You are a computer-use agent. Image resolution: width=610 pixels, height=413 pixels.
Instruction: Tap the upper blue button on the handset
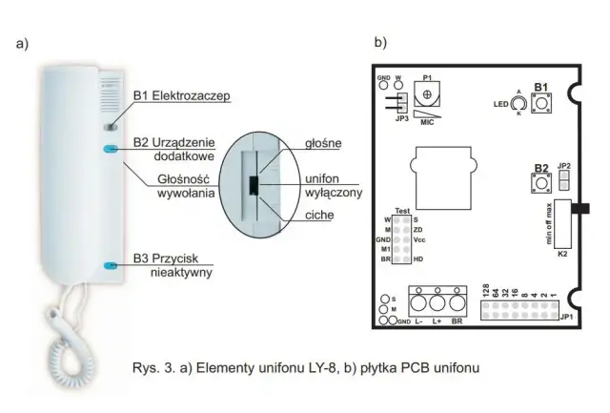tap(111, 150)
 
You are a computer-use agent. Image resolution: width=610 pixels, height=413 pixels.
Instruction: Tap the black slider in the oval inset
tap(254, 184)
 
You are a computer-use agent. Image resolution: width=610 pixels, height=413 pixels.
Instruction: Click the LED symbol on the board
tap(518, 102)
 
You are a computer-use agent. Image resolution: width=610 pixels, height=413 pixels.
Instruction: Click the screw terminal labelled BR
tap(460, 304)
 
